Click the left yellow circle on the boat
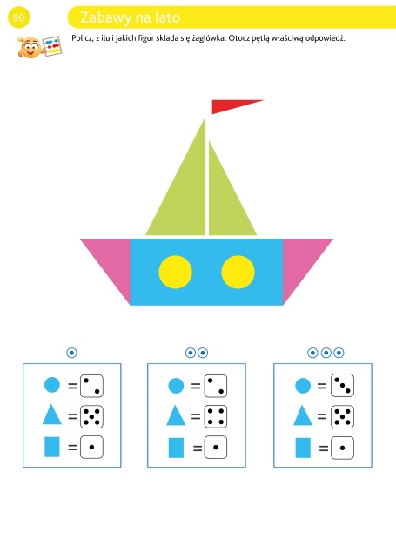pos(175,272)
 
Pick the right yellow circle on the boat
pos(238,272)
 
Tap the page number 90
pos(18,17)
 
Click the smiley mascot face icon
pos(30,48)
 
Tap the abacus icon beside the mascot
pos(52,46)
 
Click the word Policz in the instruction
pos(82,38)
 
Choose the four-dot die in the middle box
pos(216,416)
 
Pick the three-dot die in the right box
pos(343,385)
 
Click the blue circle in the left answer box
pos(52,385)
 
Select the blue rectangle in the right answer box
pos(303,448)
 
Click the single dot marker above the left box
pos(71,353)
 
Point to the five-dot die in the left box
pos(91,416)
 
